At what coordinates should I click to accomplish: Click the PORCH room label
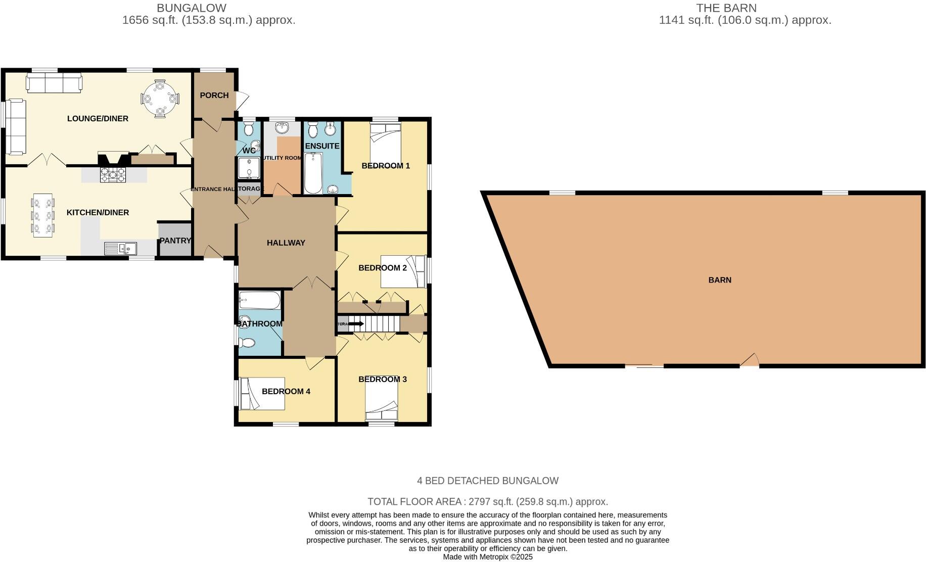click(214, 95)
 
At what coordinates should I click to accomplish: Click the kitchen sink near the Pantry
click(121, 248)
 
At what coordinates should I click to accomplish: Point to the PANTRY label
click(175, 241)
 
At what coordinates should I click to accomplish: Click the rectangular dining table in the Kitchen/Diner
click(43, 215)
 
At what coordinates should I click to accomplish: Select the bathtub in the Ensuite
click(313, 173)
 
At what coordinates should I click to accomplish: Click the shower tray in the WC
click(249, 168)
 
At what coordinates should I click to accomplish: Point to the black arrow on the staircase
click(356, 323)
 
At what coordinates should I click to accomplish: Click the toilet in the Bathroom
click(247, 343)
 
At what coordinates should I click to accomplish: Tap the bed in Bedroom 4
click(262, 393)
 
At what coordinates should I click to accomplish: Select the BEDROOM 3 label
click(383, 379)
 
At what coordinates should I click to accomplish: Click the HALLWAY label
click(286, 243)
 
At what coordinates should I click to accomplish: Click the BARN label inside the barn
click(720, 279)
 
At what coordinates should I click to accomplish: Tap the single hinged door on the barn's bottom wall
click(750, 361)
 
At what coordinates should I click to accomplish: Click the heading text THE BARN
click(726, 8)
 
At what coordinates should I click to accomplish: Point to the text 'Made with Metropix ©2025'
click(488, 557)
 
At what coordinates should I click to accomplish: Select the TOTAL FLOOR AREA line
click(488, 502)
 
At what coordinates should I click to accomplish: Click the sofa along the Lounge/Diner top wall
click(54, 83)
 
